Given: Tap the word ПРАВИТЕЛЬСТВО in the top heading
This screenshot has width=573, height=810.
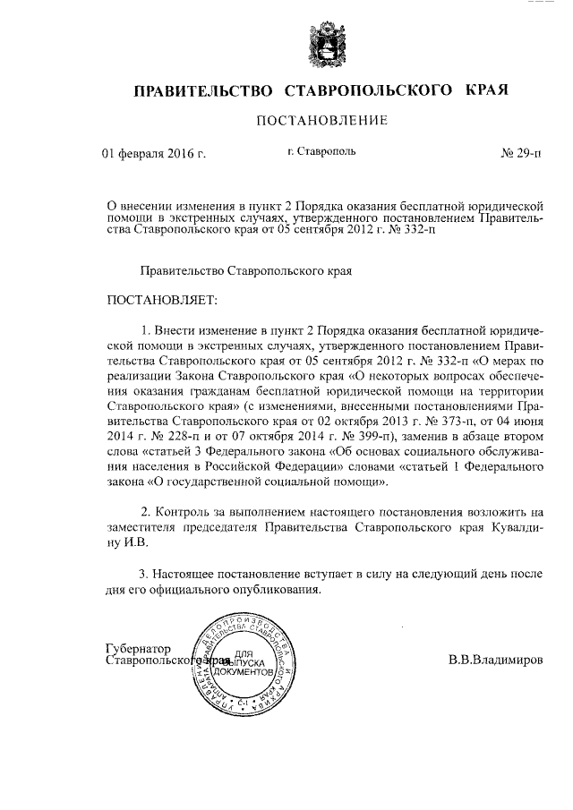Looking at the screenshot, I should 203,91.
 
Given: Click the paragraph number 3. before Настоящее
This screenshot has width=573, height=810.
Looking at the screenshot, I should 144,573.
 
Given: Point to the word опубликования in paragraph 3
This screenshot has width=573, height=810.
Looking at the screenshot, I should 277,590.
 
